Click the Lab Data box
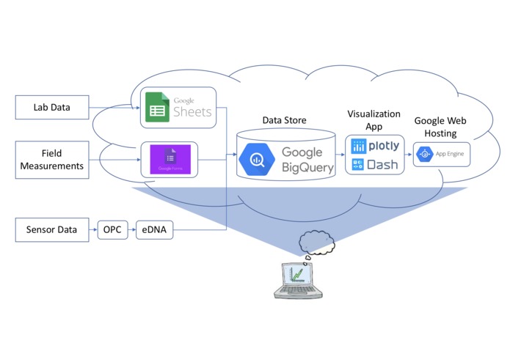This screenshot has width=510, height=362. pyautogui.click(x=51, y=107)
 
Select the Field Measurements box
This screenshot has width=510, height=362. pyautogui.click(x=51, y=160)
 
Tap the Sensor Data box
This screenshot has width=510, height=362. pyautogui.click(x=51, y=229)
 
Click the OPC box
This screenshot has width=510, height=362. pyautogui.click(x=112, y=229)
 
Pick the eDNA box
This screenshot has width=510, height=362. pyautogui.click(x=153, y=229)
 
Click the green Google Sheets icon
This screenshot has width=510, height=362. pyautogui.click(x=156, y=106)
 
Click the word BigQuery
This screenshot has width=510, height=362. pyautogui.click(x=307, y=168)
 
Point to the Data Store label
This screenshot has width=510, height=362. pyautogui.click(x=284, y=119)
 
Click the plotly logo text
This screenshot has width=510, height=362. pyautogui.click(x=383, y=146)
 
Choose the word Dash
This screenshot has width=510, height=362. pyautogui.click(x=382, y=164)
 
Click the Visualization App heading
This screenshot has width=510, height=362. pyautogui.click(x=374, y=119)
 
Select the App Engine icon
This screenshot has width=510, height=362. pyautogui.click(x=424, y=155)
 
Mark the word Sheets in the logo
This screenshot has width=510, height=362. pyautogui.click(x=192, y=112)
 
